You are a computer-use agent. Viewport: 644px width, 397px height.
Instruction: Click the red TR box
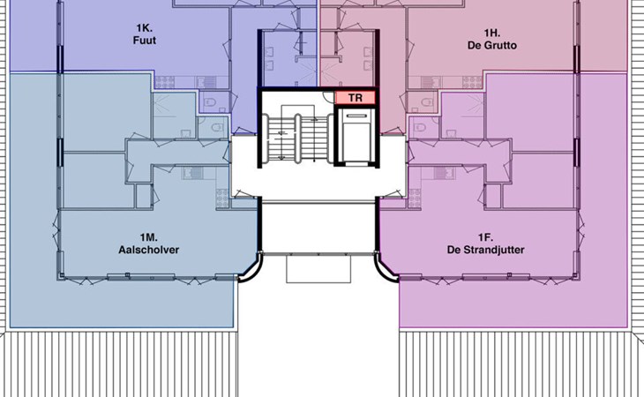356,98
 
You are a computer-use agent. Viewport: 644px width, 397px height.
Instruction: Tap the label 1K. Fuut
145,34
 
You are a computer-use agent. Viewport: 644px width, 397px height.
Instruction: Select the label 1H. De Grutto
492,39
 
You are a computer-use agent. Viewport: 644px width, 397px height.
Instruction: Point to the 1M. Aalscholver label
149,243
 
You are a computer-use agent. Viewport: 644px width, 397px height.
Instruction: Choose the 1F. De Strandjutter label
485,243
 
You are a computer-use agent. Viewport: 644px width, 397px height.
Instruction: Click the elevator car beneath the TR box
356,135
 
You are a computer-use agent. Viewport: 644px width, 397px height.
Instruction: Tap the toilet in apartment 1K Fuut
209,101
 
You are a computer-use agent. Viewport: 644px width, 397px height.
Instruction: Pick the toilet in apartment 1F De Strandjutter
420,128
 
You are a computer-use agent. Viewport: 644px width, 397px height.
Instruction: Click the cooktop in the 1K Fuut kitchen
165,82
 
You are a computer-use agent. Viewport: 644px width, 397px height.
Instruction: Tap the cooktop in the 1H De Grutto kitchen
472,82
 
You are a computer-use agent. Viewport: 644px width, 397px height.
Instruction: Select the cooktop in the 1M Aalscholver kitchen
222,198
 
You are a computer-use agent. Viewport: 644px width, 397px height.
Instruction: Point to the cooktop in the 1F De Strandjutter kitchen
415,198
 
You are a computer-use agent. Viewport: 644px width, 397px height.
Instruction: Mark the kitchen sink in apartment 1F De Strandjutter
445,173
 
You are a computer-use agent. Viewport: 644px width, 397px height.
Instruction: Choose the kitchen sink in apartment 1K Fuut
206,82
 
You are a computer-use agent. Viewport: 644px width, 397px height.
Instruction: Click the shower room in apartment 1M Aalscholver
174,116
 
